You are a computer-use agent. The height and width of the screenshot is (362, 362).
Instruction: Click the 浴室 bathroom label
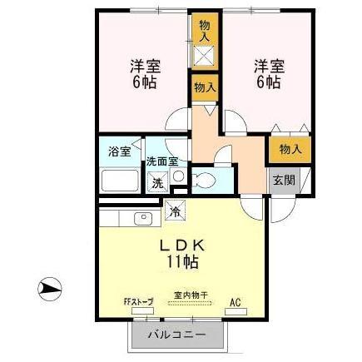(119, 151)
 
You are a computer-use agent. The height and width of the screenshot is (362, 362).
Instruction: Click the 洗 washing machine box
(156, 184)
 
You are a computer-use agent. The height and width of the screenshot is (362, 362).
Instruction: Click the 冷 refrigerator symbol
(176, 211)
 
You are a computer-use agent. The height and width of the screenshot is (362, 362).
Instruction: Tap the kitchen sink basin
(142, 219)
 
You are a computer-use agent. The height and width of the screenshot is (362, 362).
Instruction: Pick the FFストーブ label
(138, 301)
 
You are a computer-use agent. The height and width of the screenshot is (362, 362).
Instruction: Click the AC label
(235, 301)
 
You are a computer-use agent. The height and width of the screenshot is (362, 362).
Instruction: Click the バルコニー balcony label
(177, 335)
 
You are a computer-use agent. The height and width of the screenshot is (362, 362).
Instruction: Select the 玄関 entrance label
(280, 180)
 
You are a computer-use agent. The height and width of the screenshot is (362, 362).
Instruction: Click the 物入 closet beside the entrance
(289, 150)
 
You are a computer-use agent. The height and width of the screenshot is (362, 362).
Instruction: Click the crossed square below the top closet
(204, 56)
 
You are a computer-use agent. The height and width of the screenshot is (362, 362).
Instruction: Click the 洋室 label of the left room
(145, 66)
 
